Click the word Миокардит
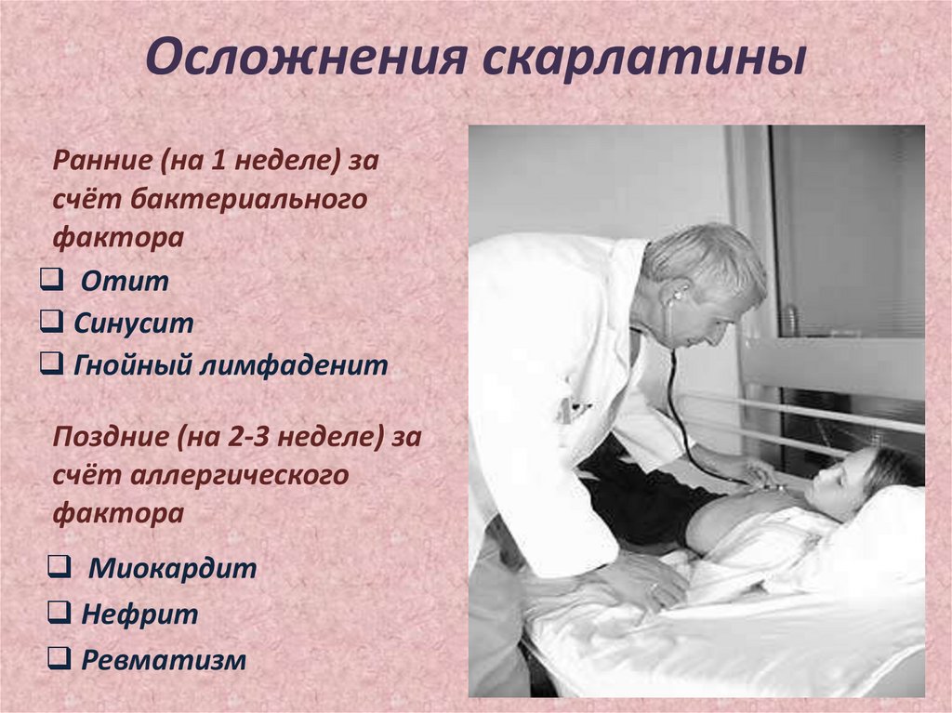coord(172,568)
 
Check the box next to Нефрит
coord(58,613)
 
